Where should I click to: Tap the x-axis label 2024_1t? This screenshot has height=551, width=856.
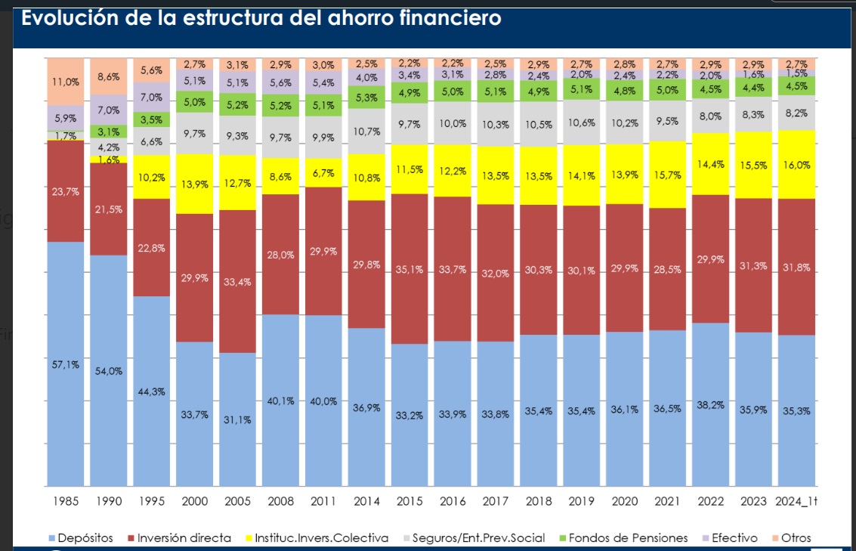pyautogui.click(x=797, y=501)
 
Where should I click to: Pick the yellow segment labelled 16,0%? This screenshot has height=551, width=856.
pyautogui.click(x=797, y=165)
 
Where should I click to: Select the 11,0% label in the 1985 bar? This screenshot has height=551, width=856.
pyautogui.click(x=65, y=82)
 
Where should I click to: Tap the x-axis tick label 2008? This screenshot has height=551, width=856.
pyautogui.click(x=280, y=501)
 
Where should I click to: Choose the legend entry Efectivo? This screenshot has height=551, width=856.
pyautogui.click(x=731, y=538)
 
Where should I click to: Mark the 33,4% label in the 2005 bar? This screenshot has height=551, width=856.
pyautogui.click(x=237, y=282)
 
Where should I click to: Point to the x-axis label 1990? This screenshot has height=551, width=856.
pyautogui.click(x=108, y=501)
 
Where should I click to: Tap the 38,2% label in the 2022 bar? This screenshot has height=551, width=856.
pyautogui.click(x=711, y=405)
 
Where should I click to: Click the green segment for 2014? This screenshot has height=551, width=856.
pyautogui.click(x=366, y=97)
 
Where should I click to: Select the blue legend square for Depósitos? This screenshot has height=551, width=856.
pyautogui.click(x=52, y=538)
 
